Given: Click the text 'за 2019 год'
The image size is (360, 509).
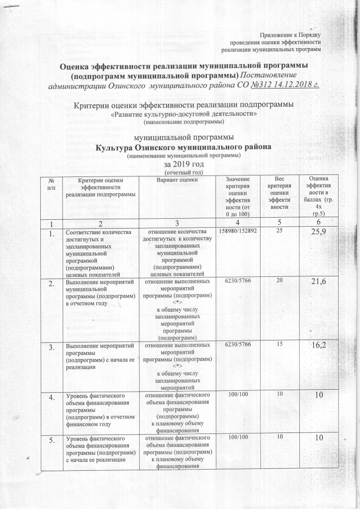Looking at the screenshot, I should pyautogui.click(x=180, y=163).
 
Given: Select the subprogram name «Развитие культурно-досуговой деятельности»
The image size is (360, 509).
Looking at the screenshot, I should pyautogui.click(x=183, y=114).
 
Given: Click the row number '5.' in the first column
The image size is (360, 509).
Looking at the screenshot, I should pyautogui.click(x=51, y=438).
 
